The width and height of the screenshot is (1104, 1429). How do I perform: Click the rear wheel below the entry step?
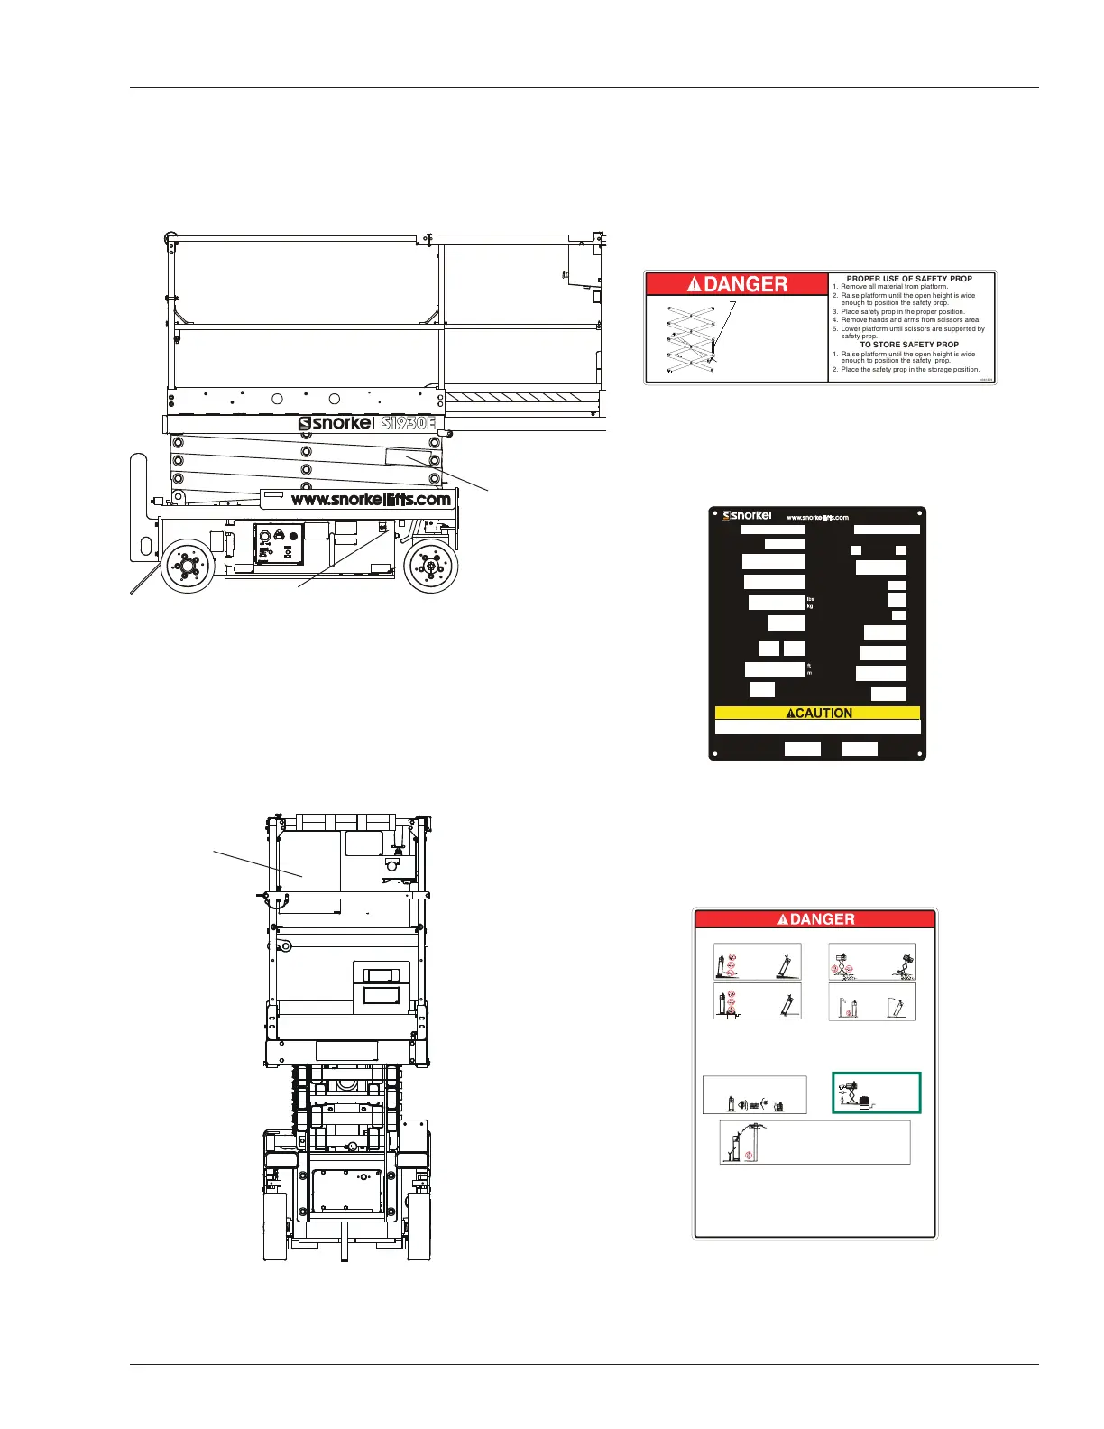(x=189, y=565)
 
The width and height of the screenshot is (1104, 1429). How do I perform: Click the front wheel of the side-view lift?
(x=430, y=566)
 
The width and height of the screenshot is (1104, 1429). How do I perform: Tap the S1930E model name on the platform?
(x=408, y=422)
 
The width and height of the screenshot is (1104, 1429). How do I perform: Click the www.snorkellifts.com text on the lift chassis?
(x=370, y=499)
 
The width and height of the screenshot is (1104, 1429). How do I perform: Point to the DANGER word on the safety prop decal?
(x=737, y=284)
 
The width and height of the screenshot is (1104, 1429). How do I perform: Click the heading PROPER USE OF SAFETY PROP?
(x=909, y=279)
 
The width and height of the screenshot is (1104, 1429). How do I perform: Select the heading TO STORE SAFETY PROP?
(x=909, y=345)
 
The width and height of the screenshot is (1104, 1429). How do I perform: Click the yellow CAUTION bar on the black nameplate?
(x=817, y=713)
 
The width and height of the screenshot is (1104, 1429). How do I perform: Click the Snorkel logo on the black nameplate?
(x=747, y=516)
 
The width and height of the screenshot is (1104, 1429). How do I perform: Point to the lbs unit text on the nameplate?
(x=810, y=599)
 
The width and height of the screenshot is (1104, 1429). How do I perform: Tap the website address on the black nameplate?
(x=817, y=518)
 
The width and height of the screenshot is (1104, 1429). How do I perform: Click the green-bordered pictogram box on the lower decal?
(x=876, y=1093)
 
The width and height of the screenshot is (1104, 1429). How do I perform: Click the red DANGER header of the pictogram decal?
(x=814, y=919)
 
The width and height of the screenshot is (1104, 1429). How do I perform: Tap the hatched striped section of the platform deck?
(x=523, y=397)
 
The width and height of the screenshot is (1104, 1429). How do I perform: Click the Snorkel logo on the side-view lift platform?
(x=336, y=423)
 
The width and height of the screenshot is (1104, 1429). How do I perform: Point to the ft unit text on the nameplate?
(x=809, y=666)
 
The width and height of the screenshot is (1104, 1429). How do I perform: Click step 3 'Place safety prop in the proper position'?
(x=902, y=312)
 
